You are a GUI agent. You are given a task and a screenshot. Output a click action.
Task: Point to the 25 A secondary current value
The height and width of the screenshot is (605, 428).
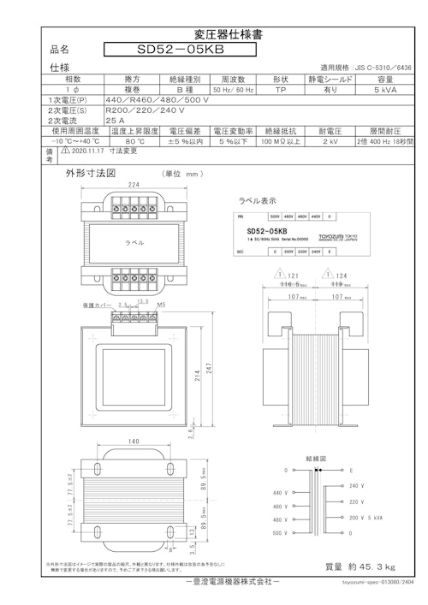coord(115,121)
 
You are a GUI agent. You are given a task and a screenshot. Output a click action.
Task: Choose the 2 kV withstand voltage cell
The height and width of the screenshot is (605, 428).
coord(330,141)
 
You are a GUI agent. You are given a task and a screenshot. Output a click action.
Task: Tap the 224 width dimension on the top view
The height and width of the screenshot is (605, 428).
coord(134,184)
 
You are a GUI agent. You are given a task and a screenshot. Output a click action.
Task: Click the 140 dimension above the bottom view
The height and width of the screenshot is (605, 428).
coord(133,442)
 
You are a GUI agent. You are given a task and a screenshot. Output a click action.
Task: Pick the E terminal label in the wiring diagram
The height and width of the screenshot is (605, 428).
coord(351,471)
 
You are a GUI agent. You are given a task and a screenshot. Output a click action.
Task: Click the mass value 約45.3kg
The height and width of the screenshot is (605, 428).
coord(360,566)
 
